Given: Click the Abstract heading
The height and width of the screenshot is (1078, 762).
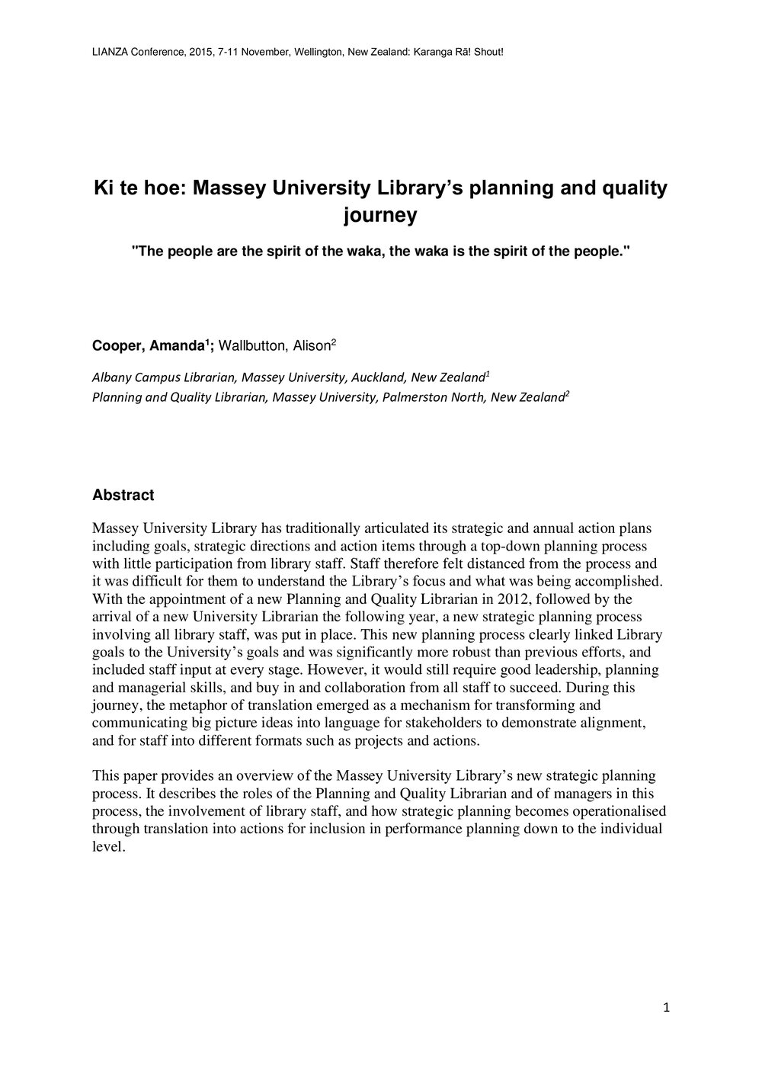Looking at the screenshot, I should [123, 496].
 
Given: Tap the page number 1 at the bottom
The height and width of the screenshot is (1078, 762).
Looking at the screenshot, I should [667, 1009].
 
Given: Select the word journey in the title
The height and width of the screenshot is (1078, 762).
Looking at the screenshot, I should [380, 216].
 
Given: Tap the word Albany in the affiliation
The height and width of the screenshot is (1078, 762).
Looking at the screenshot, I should [110, 377].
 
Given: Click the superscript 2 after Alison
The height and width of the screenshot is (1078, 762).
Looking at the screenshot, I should [333, 343].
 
